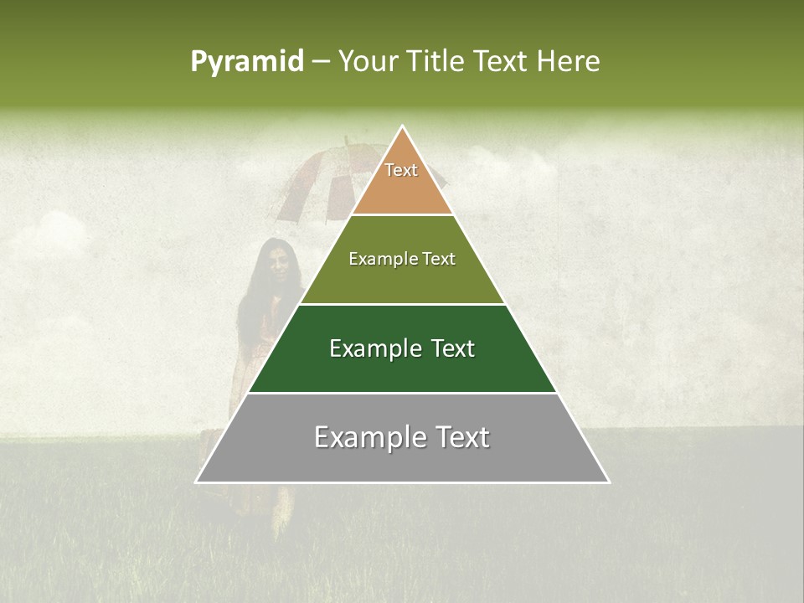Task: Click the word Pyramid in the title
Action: coord(247,62)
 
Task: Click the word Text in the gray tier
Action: coord(463,437)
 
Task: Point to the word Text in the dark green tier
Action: coord(453,348)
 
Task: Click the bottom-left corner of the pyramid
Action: coord(197,482)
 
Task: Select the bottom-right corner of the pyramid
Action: coord(609,482)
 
